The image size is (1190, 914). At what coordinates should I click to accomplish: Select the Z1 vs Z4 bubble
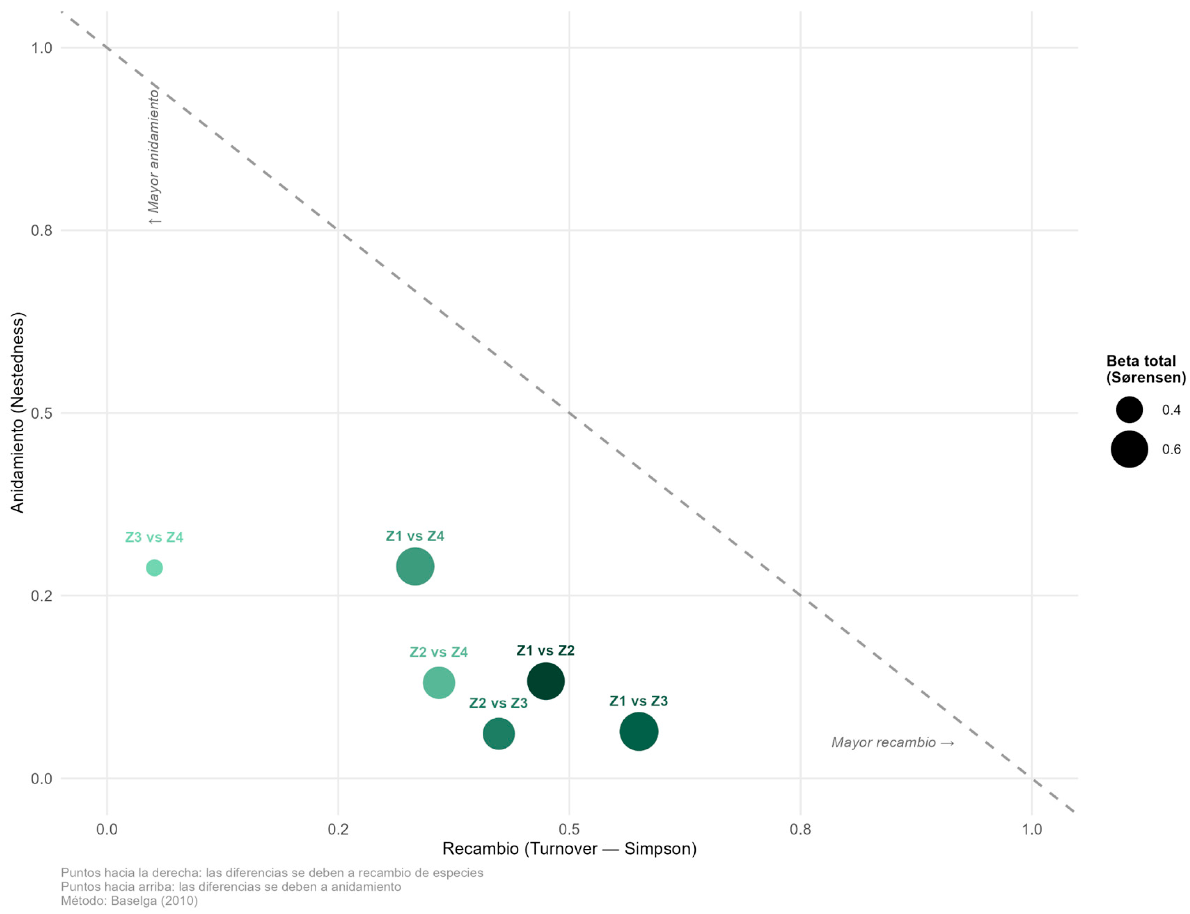click(x=415, y=566)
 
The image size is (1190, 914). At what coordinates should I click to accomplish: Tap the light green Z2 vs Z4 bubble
click(x=439, y=682)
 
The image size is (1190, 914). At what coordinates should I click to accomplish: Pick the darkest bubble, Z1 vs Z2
click(x=545, y=681)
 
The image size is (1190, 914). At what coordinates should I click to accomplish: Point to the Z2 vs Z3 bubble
click(x=498, y=733)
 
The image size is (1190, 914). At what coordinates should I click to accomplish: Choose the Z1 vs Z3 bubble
click(x=639, y=731)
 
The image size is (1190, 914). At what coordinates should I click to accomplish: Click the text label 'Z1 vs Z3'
click(x=638, y=701)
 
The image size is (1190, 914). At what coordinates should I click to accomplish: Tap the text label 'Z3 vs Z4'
click(x=154, y=537)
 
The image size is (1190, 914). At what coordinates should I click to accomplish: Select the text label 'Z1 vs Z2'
click(x=545, y=650)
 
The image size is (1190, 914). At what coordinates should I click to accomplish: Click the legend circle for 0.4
click(x=1129, y=410)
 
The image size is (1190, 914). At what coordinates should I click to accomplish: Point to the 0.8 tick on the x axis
click(x=800, y=829)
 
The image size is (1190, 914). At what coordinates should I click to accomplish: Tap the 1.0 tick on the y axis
click(x=41, y=48)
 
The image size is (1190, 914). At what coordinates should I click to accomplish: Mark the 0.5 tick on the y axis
click(x=41, y=413)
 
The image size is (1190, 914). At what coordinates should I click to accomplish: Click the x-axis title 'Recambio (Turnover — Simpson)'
click(x=569, y=848)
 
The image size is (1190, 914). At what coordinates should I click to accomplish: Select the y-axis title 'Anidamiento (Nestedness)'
click(x=17, y=412)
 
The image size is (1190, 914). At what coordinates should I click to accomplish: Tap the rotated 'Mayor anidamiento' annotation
click(x=154, y=156)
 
